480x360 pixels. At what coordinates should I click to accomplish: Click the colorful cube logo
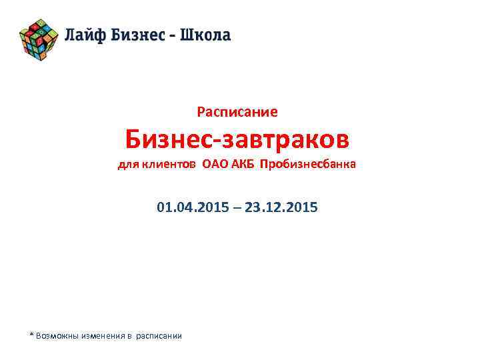click(39, 37)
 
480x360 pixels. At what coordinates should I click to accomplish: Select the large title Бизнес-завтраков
click(237, 140)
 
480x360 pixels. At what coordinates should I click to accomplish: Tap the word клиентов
click(168, 165)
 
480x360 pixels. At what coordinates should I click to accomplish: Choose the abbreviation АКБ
click(243, 165)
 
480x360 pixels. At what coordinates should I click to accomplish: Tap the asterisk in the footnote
click(31, 334)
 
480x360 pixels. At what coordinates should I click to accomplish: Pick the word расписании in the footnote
click(159, 335)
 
